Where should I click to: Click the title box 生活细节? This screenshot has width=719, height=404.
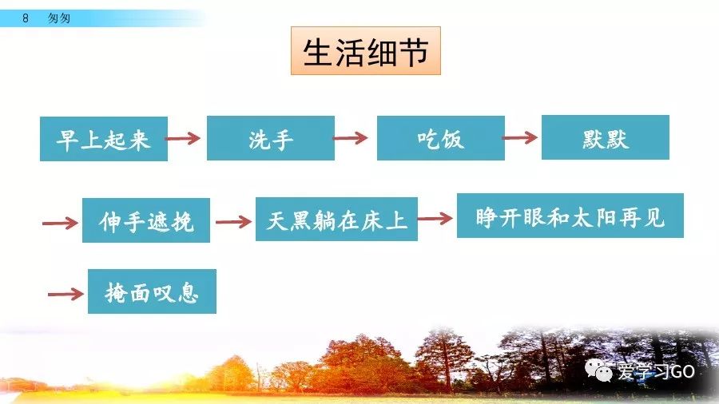click(366, 52)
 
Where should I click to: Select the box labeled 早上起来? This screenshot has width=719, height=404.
click(104, 139)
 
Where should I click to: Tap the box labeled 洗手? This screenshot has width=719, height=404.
click(271, 139)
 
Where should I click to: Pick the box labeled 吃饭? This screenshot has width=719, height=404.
click(441, 139)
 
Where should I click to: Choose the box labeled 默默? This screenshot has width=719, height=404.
click(606, 138)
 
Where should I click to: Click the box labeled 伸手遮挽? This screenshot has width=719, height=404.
click(146, 220)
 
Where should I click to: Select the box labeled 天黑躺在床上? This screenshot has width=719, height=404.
click(336, 220)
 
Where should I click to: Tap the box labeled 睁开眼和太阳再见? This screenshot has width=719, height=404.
click(570, 216)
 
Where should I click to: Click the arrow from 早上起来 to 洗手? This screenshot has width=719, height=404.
click(183, 139)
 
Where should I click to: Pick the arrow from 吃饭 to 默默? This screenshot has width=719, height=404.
click(520, 138)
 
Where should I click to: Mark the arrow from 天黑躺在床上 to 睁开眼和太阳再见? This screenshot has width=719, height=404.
click(435, 217)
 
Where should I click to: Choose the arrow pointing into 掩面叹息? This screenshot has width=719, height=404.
click(66, 294)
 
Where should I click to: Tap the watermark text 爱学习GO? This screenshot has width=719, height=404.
click(656, 372)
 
